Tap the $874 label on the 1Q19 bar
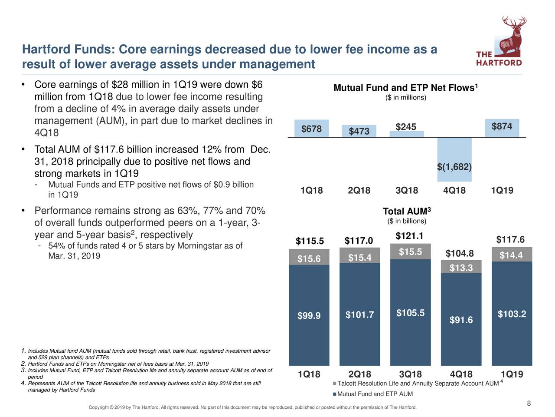(502, 126)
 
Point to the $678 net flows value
(311, 129)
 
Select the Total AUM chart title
(406, 212)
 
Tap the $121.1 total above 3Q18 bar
(409, 236)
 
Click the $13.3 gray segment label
(461, 268)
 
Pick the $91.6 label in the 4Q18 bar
(461, 320)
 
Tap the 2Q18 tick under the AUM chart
(359, 375)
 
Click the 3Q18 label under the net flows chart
(407, 191)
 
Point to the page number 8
(529, 404)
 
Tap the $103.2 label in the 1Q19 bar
(512, 314)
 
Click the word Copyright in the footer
(98, 407)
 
